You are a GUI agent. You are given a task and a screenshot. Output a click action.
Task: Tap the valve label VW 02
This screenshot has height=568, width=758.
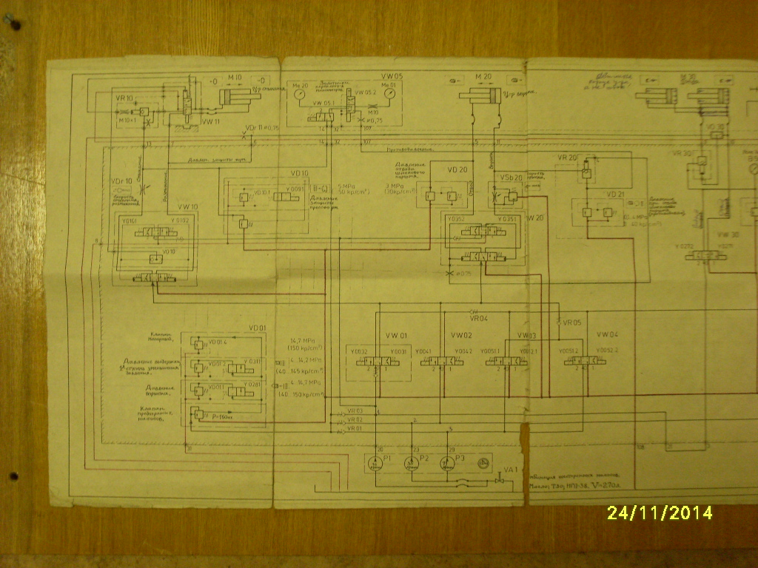(463, 335)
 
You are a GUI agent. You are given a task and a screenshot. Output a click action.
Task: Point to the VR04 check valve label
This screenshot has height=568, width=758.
(480, 318)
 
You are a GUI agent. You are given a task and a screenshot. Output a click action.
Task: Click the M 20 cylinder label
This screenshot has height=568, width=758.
(483, 77)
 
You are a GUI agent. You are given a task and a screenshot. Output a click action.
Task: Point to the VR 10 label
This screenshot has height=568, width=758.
(124, 98)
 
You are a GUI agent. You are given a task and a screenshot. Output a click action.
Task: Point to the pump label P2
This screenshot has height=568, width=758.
(424, 459)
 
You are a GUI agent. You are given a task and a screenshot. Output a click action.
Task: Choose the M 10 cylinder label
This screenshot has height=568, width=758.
(235, 78)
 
